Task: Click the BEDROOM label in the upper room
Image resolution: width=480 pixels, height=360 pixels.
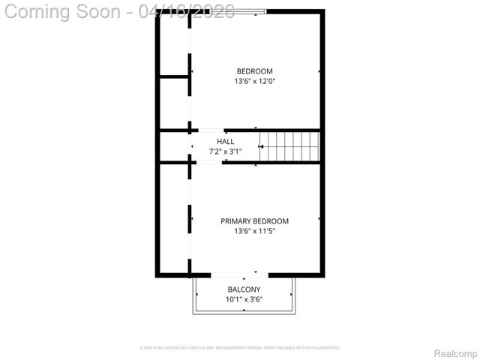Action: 255,71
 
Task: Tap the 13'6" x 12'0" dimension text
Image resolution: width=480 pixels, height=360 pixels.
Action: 255,81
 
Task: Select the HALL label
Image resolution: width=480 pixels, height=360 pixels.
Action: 225,141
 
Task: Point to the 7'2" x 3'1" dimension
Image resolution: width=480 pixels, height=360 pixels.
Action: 225,151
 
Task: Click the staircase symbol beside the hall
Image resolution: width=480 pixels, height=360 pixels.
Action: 289,145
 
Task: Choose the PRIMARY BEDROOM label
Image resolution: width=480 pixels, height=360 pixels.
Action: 254,221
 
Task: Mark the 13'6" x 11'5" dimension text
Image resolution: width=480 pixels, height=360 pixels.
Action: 254,232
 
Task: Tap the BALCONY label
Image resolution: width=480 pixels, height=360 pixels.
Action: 244,289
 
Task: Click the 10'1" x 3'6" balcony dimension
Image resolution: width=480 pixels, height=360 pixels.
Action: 244,300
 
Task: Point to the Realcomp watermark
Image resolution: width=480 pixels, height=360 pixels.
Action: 456,352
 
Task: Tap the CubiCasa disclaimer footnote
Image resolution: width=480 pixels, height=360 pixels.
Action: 240,348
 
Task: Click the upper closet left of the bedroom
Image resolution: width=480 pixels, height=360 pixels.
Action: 174,43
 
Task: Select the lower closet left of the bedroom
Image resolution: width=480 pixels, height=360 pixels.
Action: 174,103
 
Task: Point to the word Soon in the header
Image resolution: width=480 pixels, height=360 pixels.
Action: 102,11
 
